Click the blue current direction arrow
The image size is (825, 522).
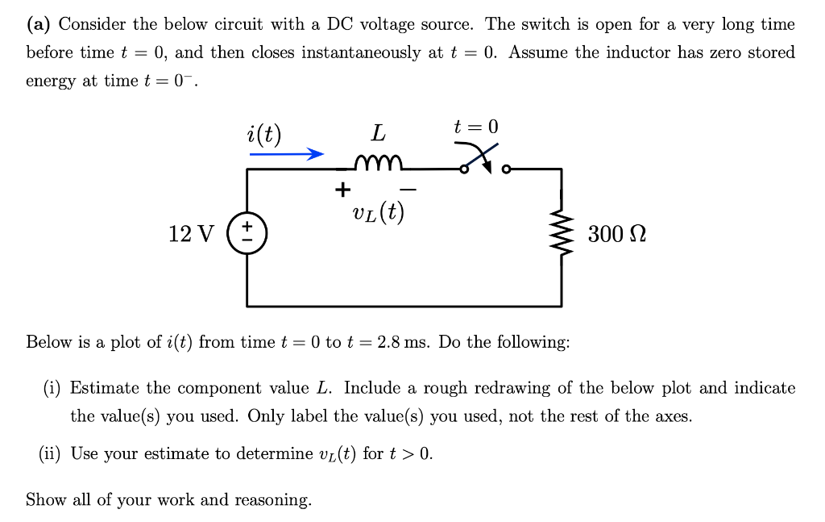pos(286,153)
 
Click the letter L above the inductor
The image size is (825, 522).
pos(377,132)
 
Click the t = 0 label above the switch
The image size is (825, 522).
pos(476,127)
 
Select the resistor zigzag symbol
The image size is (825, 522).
pos(562,234)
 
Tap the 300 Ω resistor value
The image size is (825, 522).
pos(617,235)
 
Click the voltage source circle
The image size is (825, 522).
pos(247,234)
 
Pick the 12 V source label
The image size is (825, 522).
pos(192,235)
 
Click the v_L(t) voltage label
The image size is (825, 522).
pos(378,213)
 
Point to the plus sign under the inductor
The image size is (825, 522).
pos(343,190)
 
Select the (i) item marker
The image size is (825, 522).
pos(53,388)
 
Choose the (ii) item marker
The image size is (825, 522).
pos(51,453)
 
